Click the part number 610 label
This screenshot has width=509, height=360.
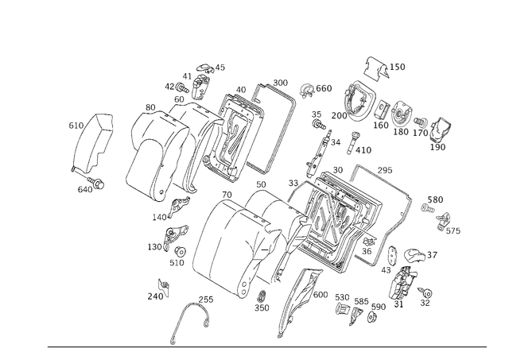pyautogui.click(x=76, y=126)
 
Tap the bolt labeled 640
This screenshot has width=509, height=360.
pyautogui.click(x=95, y=183)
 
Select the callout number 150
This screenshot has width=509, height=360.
pyautogui.click(x=398, y=67)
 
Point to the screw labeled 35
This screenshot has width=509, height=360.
pyautogui.click(x=319, y=124)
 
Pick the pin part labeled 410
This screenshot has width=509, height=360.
pyautogui.click(x=352, y=143)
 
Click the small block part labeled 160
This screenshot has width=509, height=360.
pyautogui.click(x=382, y=110)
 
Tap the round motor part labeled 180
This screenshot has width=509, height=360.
pyautogui.click(x=401, y=114)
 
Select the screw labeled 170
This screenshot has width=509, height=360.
pyautogui.click(x=421, y=122)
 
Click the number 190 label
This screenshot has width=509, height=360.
pyautogui.click(x=437, y=147)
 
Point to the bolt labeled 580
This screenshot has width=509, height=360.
pyautogui.click(x=428, y=208)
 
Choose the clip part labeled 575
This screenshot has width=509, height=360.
pyautogui.click(x=444, y=221)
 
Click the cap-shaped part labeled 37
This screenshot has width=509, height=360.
pyautogui.click(x=414, y=254)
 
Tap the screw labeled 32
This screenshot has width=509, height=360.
pyautogui.click(x=425, y=292)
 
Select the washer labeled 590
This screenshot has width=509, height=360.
pyautogui.click(x=371, y=317)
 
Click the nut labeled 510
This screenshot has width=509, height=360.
pyautogui.click(x=180, y=252)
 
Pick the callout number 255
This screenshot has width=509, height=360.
pyautogui.click(x=206, y=300)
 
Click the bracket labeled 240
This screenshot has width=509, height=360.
pyautogui.click(x=164, y=287)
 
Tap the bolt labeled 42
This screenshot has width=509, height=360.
pyautogui.click(x=182, y=87)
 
